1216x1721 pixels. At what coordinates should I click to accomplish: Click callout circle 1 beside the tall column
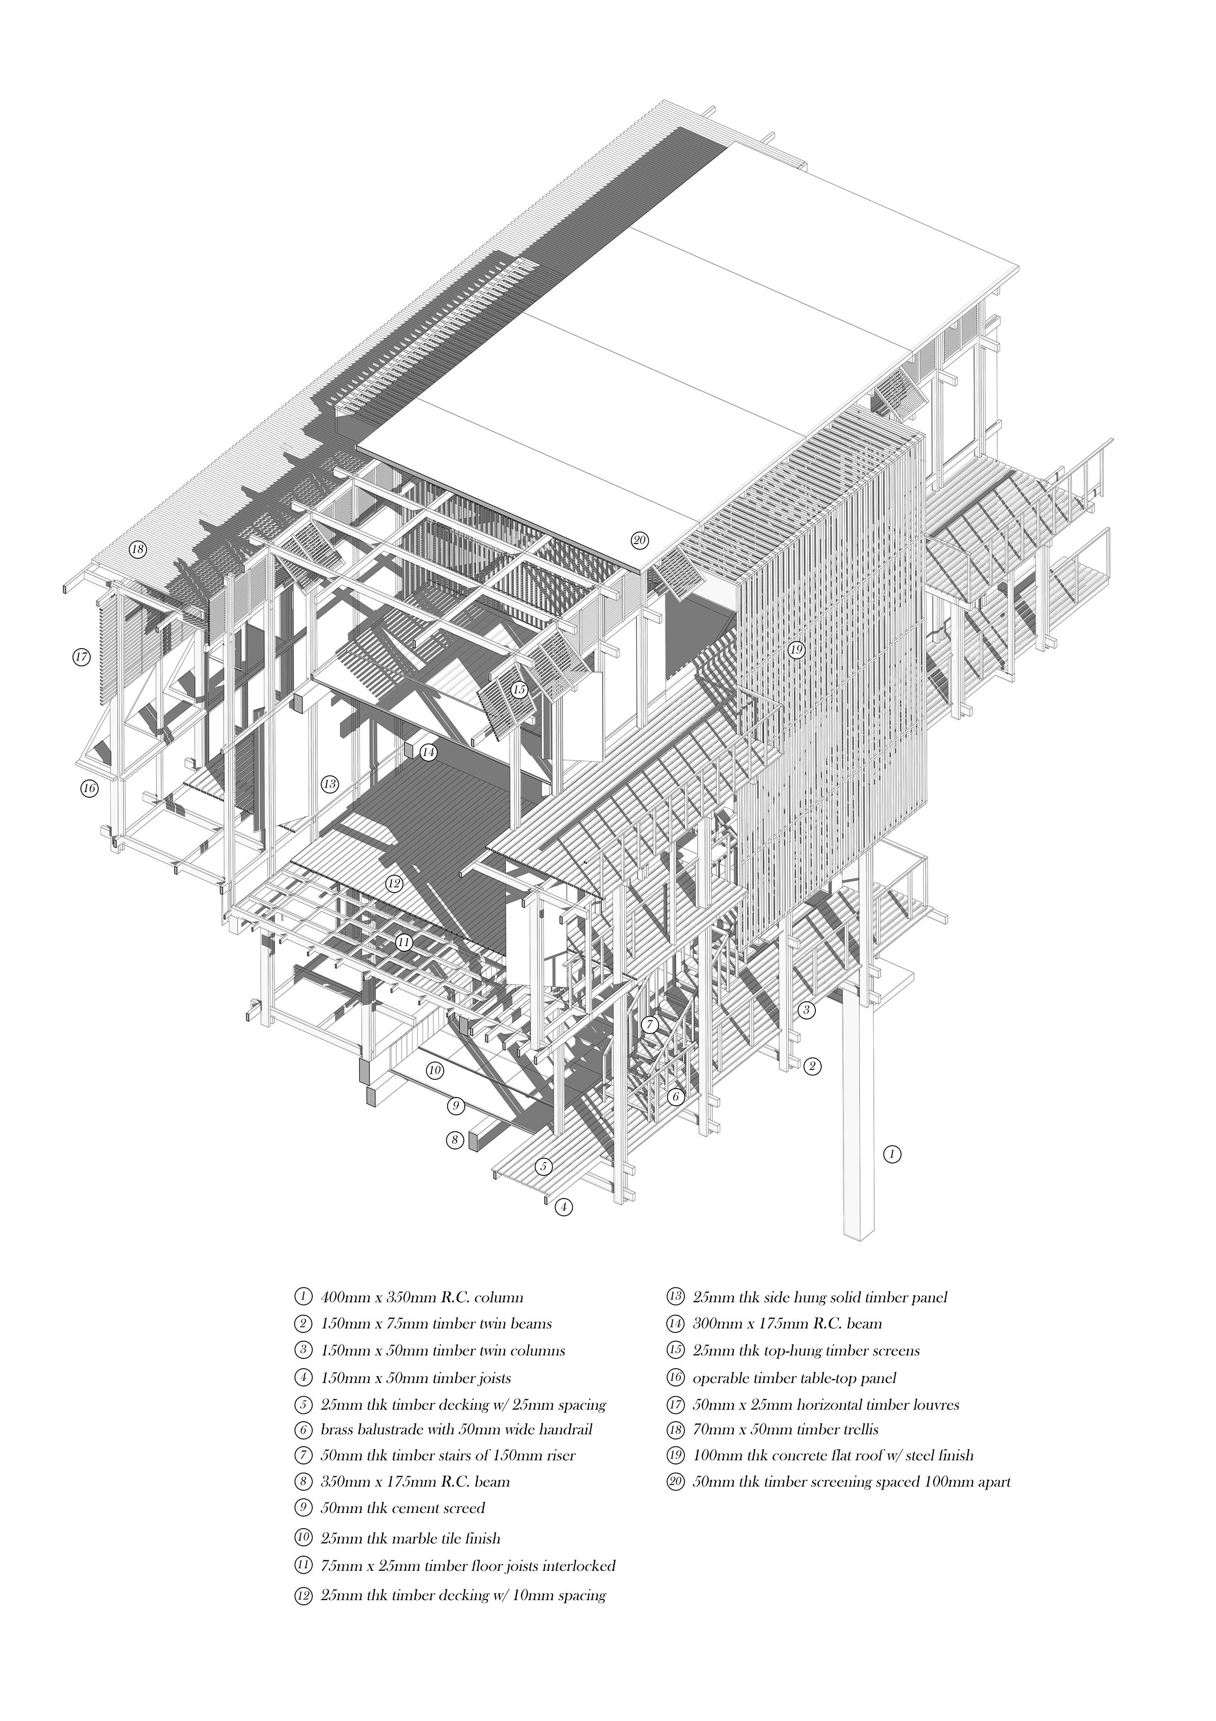tap(891, 1154)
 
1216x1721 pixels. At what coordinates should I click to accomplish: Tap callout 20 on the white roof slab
tap(639, 540)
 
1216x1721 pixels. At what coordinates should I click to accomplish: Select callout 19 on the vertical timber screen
tap(796, 650)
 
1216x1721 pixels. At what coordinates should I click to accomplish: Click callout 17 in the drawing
tap(81, 657)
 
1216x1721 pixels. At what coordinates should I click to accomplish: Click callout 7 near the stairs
tap(650, 1024)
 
